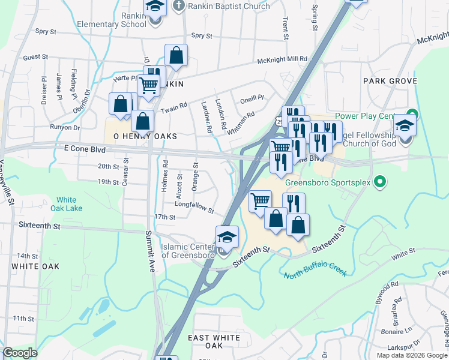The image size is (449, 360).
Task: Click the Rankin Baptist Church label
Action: point(220,7)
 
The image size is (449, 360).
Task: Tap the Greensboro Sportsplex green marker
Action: point(379,181)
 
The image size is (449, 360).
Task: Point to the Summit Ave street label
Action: point(149,250)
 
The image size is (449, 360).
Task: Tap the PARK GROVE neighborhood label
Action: point(385,80)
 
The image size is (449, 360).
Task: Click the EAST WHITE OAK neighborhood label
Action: point(214,342)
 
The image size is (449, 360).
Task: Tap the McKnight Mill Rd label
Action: point(282,59)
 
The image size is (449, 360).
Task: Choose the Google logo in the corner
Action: point(20,353)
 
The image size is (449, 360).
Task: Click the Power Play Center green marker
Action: point(412,114)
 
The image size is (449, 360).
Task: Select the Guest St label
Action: point(35,57)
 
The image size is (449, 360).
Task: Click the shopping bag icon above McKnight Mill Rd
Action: point(176,55)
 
